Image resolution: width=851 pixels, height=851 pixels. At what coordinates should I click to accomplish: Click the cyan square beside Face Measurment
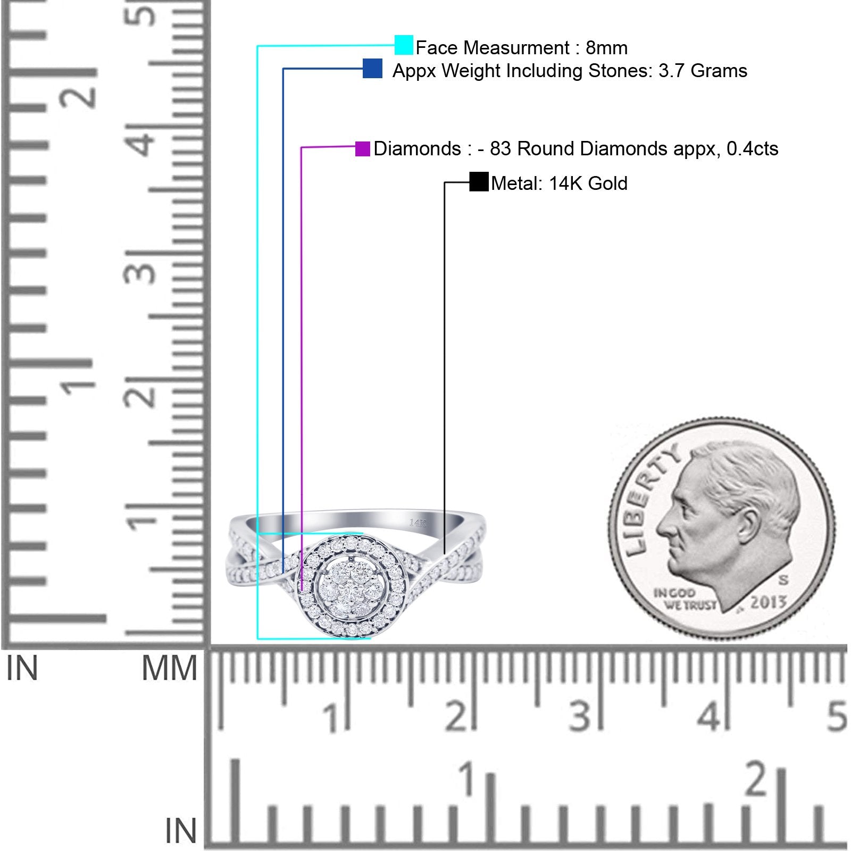pos(404,45)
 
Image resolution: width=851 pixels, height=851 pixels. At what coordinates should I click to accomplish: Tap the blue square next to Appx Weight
pos(372,69)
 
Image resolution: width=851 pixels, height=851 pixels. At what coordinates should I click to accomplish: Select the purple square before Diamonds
pos(362,149)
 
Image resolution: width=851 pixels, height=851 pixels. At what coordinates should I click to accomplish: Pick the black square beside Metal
pos(479,182)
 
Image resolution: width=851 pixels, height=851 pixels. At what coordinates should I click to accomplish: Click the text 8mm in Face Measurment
pos(606,48)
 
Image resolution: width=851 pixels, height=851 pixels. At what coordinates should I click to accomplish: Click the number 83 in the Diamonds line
pos(500,149)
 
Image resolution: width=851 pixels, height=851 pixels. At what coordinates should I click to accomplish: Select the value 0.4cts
pos(752,149)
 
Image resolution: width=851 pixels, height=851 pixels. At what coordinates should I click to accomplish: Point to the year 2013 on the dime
pos(768,602)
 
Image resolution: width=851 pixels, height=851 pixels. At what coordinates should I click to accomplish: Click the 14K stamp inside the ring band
pos(418,523)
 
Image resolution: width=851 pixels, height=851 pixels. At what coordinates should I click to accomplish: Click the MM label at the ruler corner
pos(169,669)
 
